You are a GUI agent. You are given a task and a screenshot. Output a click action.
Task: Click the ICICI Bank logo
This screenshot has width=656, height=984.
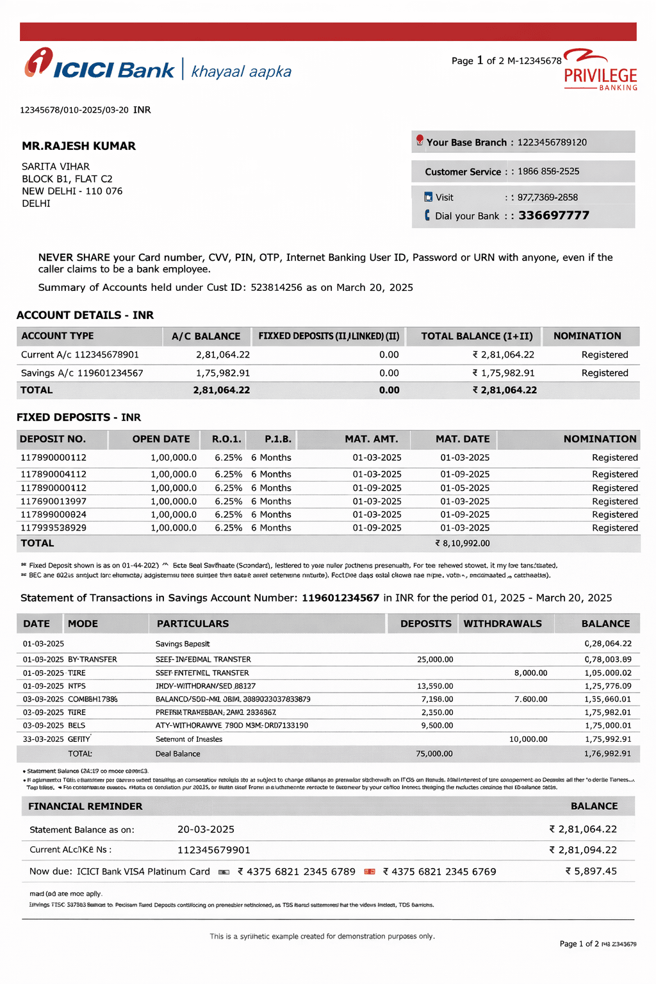[x=99, y=65]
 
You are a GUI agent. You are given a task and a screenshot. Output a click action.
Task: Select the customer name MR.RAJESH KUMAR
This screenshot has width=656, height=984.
[x=79, y=146]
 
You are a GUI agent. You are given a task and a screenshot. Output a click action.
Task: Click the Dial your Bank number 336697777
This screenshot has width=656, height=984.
[x=553, y=215]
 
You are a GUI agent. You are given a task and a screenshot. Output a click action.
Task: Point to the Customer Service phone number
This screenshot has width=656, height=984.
[x=548, y=172]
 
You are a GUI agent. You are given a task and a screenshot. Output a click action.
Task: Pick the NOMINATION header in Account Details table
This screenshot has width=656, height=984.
[x=587, y=336]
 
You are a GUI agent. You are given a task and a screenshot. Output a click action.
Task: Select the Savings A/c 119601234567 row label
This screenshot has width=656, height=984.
[x=82, y=373]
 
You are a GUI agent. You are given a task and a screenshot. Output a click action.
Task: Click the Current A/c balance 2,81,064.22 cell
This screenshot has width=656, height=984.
[x=222, y=355]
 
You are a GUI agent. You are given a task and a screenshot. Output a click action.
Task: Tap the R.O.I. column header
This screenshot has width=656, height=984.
[x=227, y=439]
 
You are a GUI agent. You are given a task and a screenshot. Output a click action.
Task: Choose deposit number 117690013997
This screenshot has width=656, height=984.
[x=53, y=502]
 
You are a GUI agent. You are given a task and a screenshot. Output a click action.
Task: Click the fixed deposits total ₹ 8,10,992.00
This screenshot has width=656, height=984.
[x=463, y=543]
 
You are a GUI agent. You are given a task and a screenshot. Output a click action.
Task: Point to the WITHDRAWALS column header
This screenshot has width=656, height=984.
[x=502, y=624]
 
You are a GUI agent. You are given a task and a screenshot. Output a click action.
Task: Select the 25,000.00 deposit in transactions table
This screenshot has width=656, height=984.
[x=435, y=660]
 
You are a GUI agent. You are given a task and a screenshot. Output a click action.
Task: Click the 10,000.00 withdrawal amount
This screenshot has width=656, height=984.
[x=528, y=739]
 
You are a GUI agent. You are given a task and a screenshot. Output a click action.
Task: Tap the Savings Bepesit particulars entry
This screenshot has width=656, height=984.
[x=183, y=644]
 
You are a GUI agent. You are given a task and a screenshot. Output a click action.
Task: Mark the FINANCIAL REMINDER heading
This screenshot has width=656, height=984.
[x=85, y=807]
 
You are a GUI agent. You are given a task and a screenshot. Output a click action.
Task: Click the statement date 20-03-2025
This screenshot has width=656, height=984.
[x=206, y=830]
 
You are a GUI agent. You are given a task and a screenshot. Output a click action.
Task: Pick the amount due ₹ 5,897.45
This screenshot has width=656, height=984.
[x=591, y=871]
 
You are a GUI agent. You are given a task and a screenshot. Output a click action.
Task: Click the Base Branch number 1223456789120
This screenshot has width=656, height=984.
[x=552, y=142]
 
